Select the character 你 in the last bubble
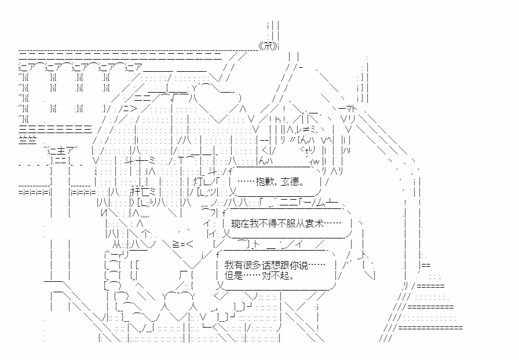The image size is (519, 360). click(x=291, y=265)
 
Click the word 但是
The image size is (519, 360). click(x=232, y=275)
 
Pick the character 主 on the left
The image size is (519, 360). click(x=59, y=150)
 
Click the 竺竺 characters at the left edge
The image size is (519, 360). click(x=27, y=138)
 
